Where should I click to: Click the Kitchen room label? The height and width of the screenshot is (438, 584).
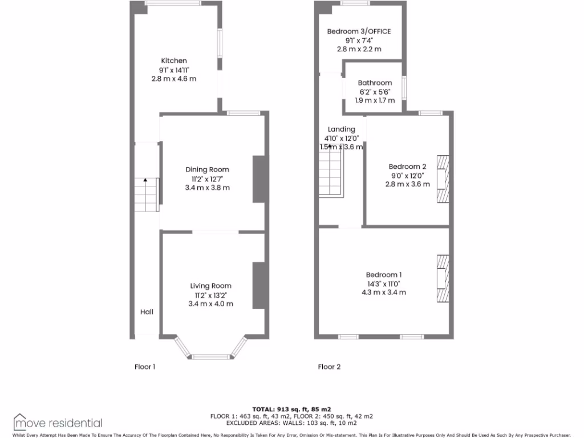[x=174, y=60]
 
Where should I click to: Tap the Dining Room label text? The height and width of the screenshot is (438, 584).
[x=208, y=169]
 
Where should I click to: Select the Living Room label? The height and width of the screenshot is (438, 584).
[x=210, y=286]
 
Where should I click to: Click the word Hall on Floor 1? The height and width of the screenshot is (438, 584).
[x=147, y=312]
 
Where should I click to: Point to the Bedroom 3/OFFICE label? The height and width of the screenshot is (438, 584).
[x=359, y=31]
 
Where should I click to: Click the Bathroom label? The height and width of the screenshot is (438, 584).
[x=375, y=83]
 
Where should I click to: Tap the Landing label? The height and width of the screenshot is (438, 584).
[x=341, y=129]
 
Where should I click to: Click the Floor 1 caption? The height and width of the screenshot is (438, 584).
[x=145, y=367]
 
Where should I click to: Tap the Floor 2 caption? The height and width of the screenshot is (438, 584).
[x=329, y=367]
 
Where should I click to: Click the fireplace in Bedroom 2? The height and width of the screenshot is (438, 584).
[x=443, y=179]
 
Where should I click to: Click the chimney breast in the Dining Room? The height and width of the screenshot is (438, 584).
[x=258, y=179]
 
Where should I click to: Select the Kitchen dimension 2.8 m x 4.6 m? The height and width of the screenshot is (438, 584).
[x=174, y=78]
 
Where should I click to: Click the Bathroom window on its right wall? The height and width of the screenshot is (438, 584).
[x=404, y=88]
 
